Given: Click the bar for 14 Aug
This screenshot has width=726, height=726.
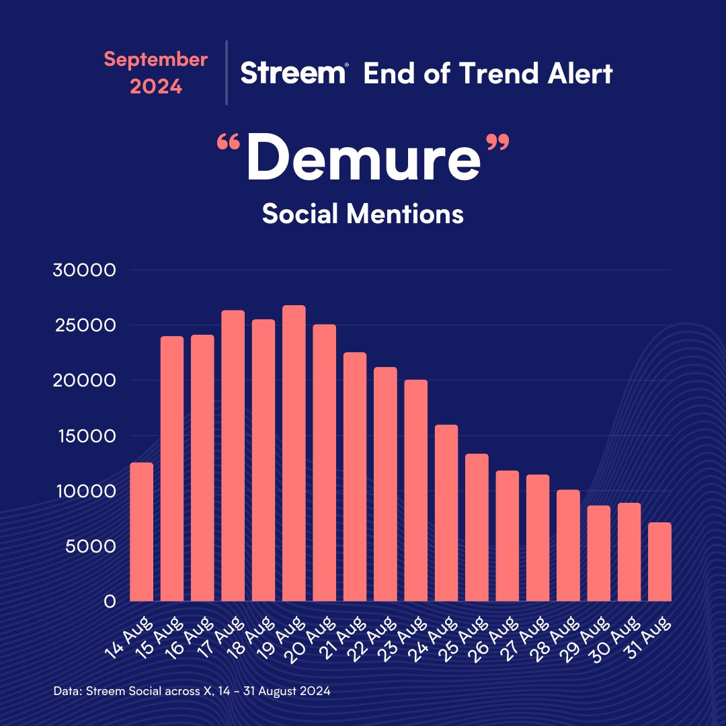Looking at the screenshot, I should [x=141, y=532].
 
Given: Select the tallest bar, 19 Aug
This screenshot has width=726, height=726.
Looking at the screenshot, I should [x=294, y=453].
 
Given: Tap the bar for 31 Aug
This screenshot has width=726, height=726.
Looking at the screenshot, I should [x=659, y=562].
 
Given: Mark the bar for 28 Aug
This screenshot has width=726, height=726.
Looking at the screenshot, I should [x=568, y=545].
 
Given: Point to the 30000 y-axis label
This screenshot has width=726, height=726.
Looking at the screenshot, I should [x=85, y=270].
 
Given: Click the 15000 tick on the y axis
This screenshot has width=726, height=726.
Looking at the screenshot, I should [x=85, y=436].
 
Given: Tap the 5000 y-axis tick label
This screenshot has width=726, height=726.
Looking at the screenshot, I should [x=89, y=546].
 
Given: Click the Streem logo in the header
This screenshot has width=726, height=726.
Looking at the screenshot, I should [x=294, y=73].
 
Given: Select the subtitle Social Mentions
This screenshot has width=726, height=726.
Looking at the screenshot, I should [x=363, y=214].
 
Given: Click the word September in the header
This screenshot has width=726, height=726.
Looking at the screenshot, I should [x=155, y=59].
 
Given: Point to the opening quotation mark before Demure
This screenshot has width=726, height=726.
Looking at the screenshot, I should [x=229, y=143].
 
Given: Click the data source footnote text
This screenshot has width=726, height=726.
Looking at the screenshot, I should [x=191, y=690].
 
